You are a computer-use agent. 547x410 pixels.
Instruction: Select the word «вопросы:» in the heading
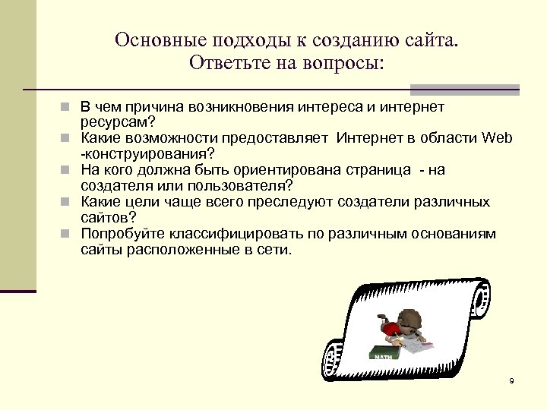click(346, 61)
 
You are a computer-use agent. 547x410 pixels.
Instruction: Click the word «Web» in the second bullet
click(498, 137)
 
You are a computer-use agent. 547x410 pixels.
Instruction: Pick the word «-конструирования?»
click(147, 153)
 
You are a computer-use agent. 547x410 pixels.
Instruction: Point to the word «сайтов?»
click(108, 217)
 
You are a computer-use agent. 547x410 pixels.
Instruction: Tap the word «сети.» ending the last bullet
click(273, 248)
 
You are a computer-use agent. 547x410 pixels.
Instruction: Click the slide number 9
click(511, 380)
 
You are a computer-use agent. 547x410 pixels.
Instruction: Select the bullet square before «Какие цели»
click(68, 202)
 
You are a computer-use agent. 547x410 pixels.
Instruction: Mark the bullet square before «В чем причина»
click(68, 108)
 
